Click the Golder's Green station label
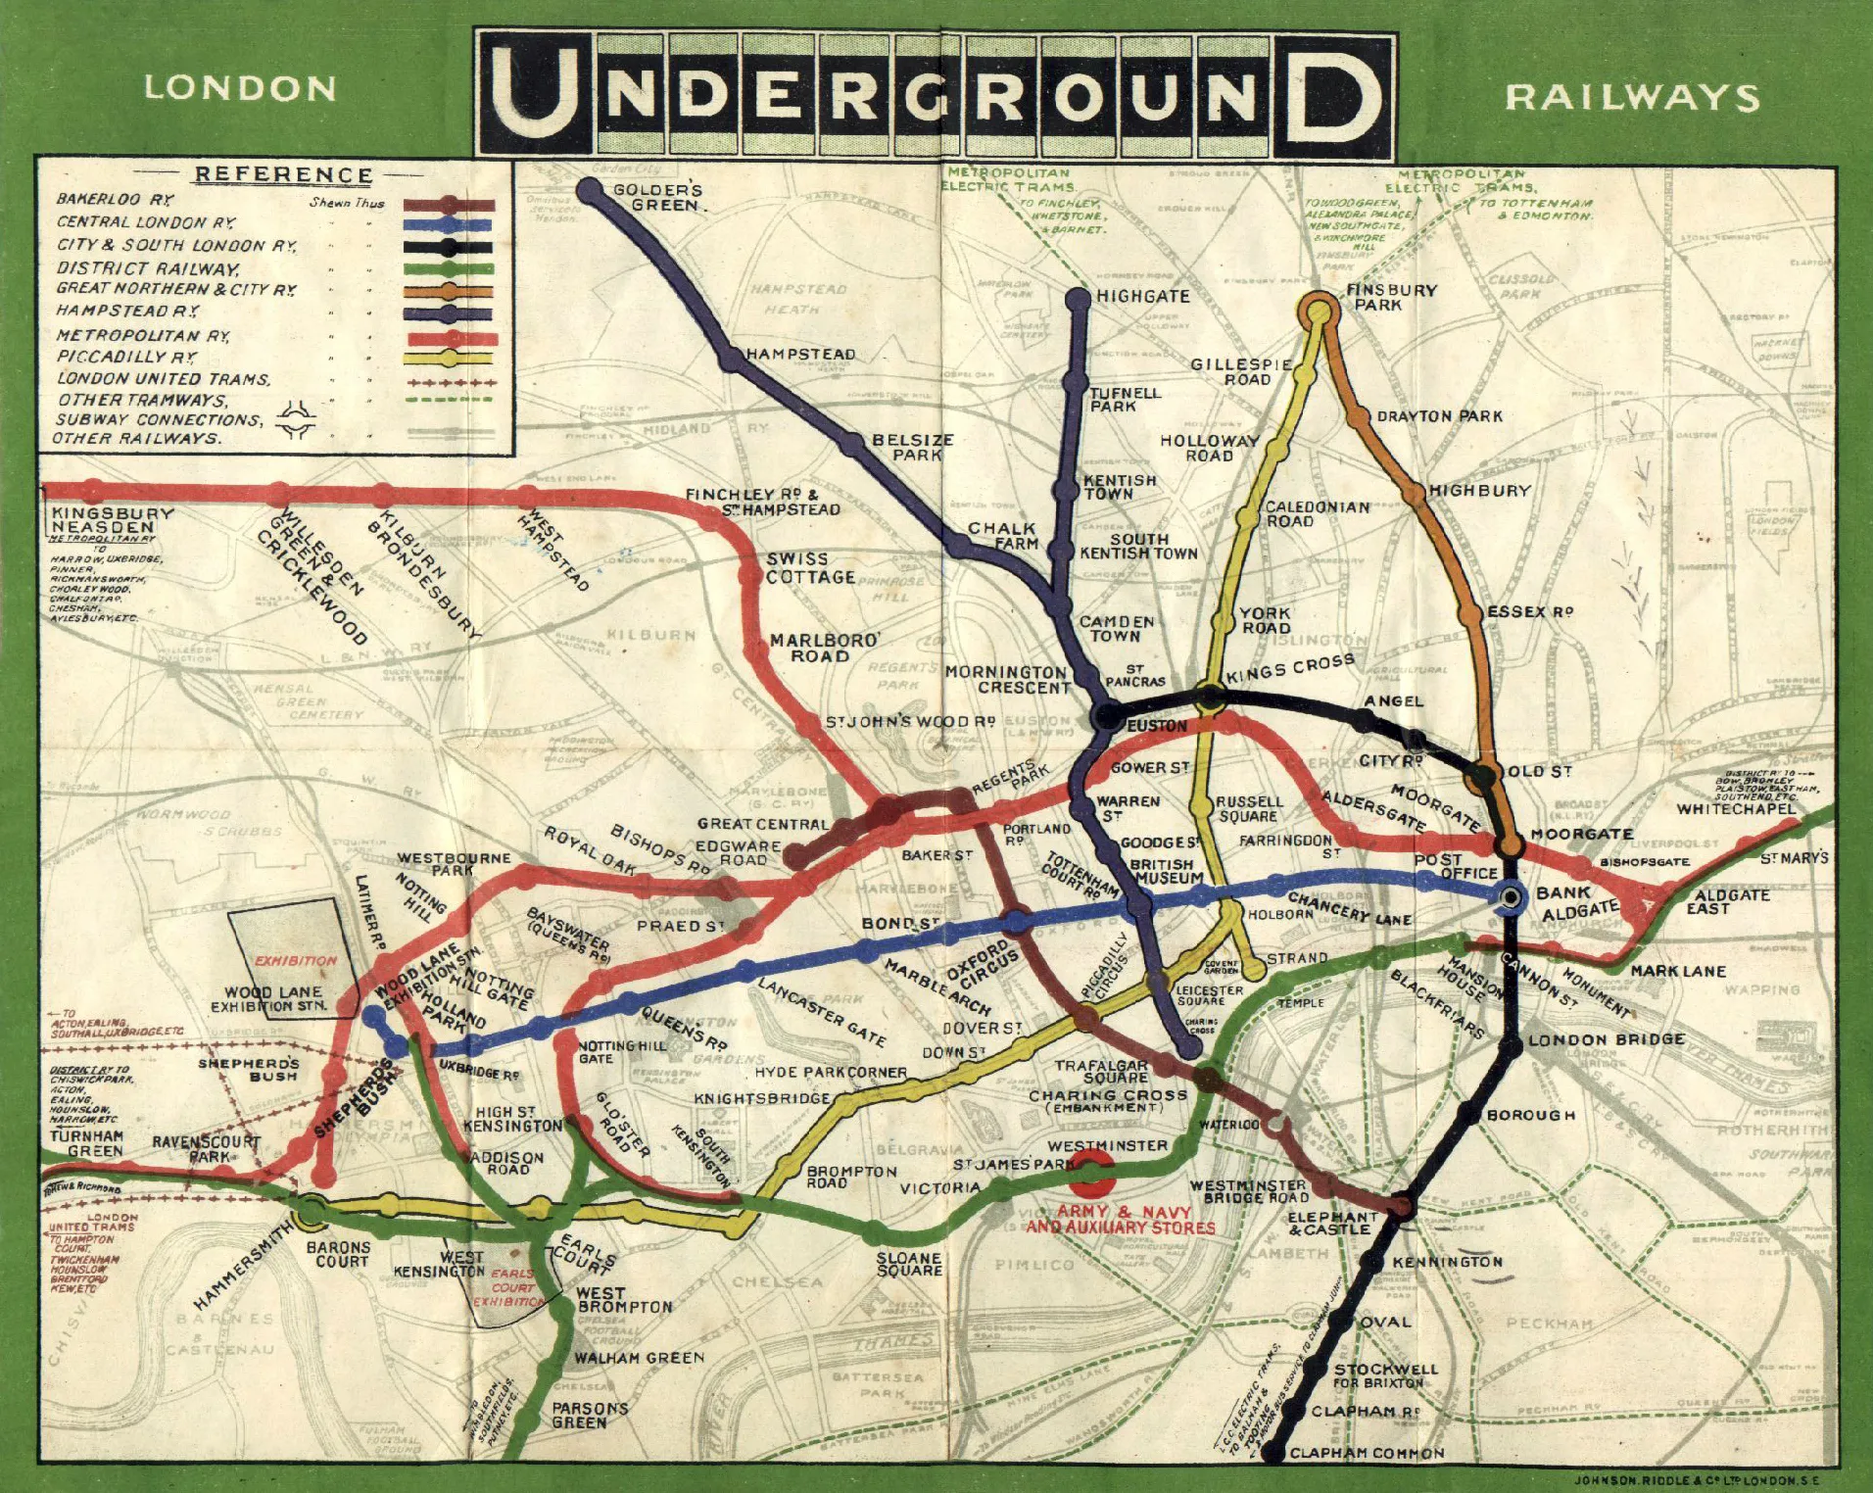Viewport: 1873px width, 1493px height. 658,197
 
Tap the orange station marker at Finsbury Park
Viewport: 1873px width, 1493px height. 1319,312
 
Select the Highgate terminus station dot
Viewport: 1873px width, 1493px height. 1079,299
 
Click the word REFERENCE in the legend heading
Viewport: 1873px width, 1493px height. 284,175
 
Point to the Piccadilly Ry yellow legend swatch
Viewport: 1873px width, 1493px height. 449,359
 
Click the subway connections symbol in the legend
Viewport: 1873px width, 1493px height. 296,421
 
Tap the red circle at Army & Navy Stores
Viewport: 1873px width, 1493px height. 1092,1173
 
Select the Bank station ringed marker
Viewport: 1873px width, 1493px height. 1510,896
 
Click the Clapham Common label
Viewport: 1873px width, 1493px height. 1367,1453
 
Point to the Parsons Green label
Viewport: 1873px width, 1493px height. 589,1415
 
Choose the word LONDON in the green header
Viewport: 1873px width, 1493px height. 240,88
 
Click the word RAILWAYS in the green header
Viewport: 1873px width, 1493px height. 1632,97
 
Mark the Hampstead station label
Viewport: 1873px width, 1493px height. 800,354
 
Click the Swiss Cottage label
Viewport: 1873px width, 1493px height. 810,568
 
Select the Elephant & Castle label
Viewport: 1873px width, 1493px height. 1331,1223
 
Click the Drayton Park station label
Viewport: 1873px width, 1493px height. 1439,415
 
